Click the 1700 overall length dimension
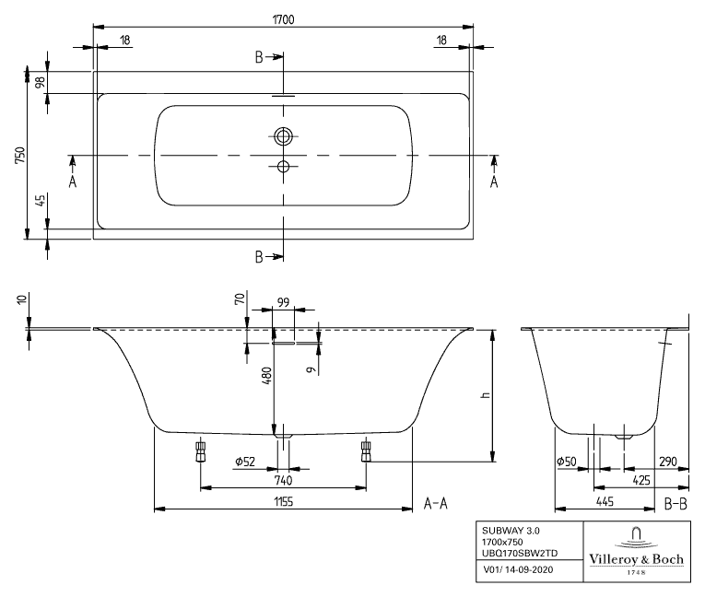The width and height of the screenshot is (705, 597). [x=283, y=16]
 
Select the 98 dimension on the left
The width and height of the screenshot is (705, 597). [x=39, y=82]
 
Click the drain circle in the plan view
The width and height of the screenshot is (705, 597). [x=283, y=136]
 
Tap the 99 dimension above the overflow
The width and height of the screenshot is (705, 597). [x=283, y=301]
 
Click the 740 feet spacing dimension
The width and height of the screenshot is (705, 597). [x=283, y=479]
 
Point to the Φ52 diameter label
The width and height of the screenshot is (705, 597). [x=244, y=462]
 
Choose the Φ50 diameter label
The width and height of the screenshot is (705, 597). [x=565, y=462]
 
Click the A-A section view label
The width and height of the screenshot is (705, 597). [x=435, y=503]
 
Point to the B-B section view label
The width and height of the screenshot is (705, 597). [x=676, y=503]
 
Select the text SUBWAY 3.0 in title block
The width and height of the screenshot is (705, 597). [x=506, y=532]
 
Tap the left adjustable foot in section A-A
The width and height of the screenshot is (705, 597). [x=200, y=451]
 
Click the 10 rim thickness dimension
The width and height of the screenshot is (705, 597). [x=20, y=300]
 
